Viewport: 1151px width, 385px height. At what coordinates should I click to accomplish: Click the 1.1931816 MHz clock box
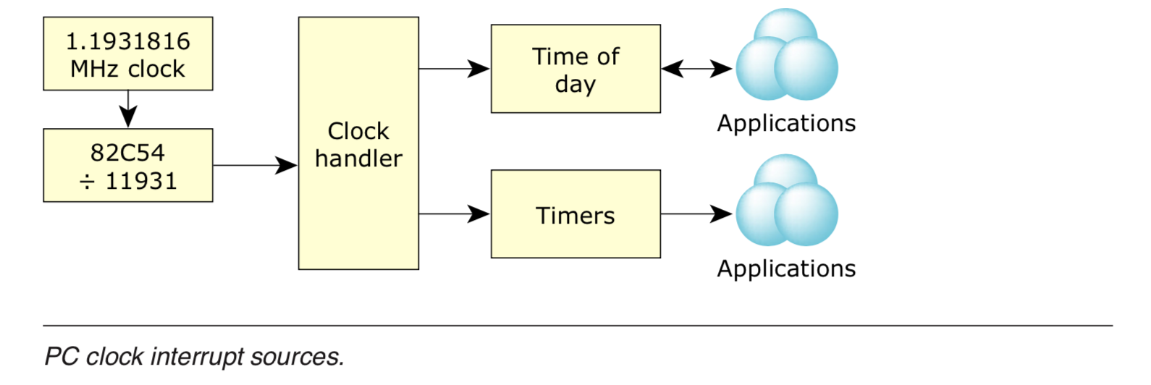[x=127, y=54]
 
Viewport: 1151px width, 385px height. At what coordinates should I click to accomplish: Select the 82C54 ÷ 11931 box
[x=127, y=166]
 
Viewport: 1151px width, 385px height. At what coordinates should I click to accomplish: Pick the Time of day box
[x=575, y=69]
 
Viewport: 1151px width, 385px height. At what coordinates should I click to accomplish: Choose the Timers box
[x=575, y=214]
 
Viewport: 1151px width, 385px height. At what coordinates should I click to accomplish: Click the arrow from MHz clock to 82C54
[x=128, y=109]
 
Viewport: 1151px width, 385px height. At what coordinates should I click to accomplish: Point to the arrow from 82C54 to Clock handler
[x=255, y=166]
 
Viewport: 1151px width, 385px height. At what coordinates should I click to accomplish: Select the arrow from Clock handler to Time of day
[x=454, y=69]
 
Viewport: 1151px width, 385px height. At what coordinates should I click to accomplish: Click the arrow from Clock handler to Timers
[x=454, y=214]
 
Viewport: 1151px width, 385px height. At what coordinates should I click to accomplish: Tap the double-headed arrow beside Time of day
[x=696, y=69]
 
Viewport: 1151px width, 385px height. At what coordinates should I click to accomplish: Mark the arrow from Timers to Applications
[x=696, y=214]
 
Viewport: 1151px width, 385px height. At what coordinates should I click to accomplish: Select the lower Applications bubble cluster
[x=786, y=202]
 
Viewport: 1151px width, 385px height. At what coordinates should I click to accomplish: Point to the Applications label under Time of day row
[x=786, y=124]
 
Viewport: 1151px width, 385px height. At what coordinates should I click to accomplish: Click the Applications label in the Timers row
[x=786, y=269]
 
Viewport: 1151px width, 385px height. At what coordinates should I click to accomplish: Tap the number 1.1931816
[x=128, y=41]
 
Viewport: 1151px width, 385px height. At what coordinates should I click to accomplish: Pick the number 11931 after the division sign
[x=141, y=181]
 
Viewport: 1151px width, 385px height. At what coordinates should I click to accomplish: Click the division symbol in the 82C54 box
[x=87, y=182]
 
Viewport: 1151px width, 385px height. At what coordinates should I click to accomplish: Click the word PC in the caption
[x=62, y=357]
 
